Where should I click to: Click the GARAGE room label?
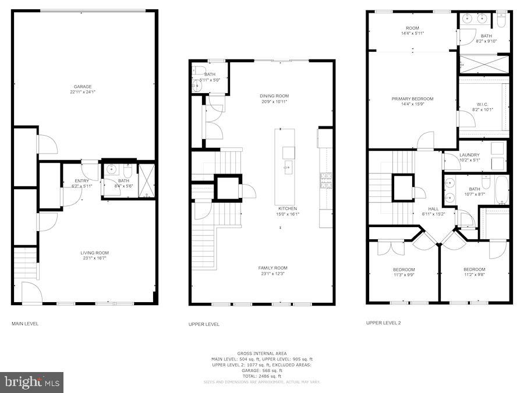tap(82, 87)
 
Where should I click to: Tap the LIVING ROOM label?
tap(94, 253)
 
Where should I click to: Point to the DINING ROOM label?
tap(274, 96)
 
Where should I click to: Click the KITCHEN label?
tap(287, 208)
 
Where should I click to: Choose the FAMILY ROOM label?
tap(272, 268)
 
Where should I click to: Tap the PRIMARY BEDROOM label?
tap(412, 99)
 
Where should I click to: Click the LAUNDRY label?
tap(469, 154)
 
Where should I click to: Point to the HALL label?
tap(433, 208)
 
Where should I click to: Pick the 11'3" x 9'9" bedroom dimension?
tap(403, 275)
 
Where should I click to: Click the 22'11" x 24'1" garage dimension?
tap(82, 92)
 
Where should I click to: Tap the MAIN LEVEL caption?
tap(25, 323)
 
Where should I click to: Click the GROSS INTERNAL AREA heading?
tap(261, 353)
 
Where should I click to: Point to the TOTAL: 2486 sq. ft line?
tap(261, 376)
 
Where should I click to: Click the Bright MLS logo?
tap(32, 383)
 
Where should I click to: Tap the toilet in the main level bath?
tap(128, 172)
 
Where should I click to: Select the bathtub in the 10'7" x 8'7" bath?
tap(501, 189)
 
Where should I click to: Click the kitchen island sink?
tap(288, 153)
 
